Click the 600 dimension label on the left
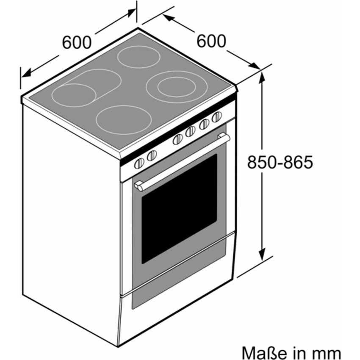(77, 42)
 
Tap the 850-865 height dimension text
(280, 162)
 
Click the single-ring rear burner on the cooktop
(138, 57)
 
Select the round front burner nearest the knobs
(124, 120)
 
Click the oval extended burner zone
(86, 88)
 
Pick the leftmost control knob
(139, 163)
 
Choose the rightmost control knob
(217, 117)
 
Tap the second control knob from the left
(152, 155)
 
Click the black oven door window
(179, 208)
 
